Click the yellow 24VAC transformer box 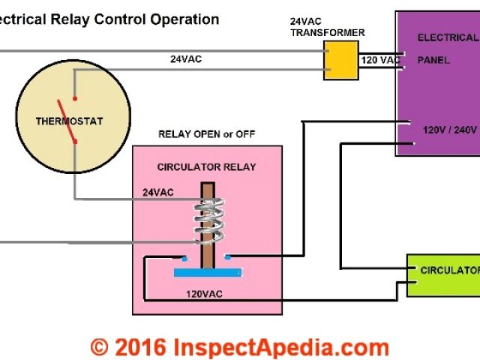click(x=341, y=60)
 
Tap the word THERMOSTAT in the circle click(x=69, y=121)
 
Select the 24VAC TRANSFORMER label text click(x=339, y=28)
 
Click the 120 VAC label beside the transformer click(x=379, y=58)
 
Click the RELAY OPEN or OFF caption click(x=206, y=134)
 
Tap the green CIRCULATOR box click(x=443, y=274)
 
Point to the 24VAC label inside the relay click(x=157, y=193)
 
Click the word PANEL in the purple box click(x=433, y=60)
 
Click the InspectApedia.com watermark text click(x=280, y=347)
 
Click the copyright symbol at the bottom click(x=99, y=347)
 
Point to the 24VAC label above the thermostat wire click(x=184, y=58)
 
